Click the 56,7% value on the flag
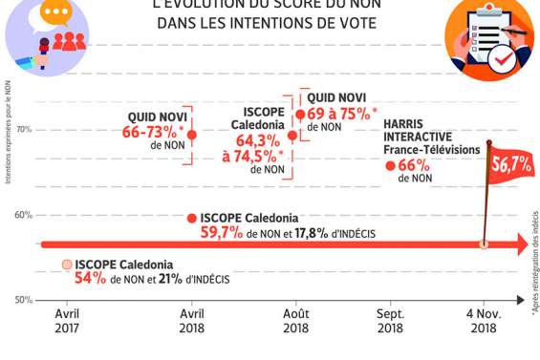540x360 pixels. tap(511, 163)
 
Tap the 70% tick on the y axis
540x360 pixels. tap(24, 130)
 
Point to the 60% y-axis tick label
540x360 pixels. tap(24, 215)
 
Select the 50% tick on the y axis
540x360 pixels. tap(24, 300)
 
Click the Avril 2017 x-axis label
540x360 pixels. tap(67, 321)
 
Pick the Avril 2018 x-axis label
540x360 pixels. tap(191, 321)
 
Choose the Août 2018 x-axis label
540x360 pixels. tap(295, 321)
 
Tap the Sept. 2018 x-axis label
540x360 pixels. tap(390, 321)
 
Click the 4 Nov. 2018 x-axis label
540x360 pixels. tap(483, 321)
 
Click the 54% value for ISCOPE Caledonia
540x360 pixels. tap(90, 279)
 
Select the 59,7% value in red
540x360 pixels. tap(222, 232)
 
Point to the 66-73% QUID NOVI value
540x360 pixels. tap(153, 132)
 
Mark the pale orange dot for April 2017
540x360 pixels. tap(67, 265)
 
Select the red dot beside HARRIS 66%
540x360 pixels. tap(390, 166)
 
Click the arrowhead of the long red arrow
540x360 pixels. tap(522, 245)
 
